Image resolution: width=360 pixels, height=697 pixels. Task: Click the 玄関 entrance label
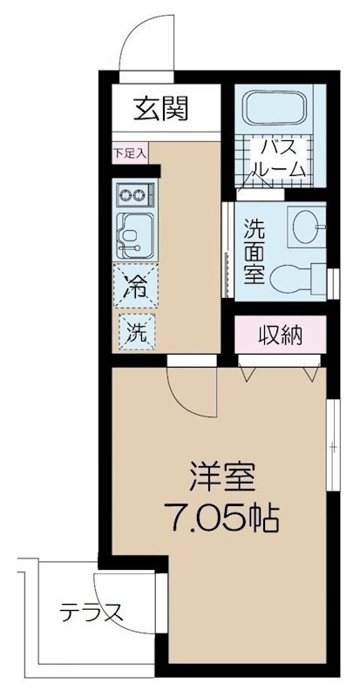[x=161, y=108]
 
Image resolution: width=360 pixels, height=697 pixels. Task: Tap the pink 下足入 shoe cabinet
[x=130, y=153]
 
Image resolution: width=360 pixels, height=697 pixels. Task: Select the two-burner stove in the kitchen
[x=135, y=194]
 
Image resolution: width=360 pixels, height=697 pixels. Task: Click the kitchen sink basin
[x=135, y=236]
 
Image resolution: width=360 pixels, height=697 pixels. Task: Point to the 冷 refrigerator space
[x=135, y=286]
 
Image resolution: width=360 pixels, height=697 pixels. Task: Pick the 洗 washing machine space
[x=137, y=331]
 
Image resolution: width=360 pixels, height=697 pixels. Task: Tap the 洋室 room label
[x=222, y=477]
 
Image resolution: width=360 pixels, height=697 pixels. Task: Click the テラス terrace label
[x=92, y=613]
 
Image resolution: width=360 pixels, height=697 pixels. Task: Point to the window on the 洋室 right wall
[x=332, y=445]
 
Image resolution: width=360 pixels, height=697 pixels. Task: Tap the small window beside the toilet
[x=333, y=284]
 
